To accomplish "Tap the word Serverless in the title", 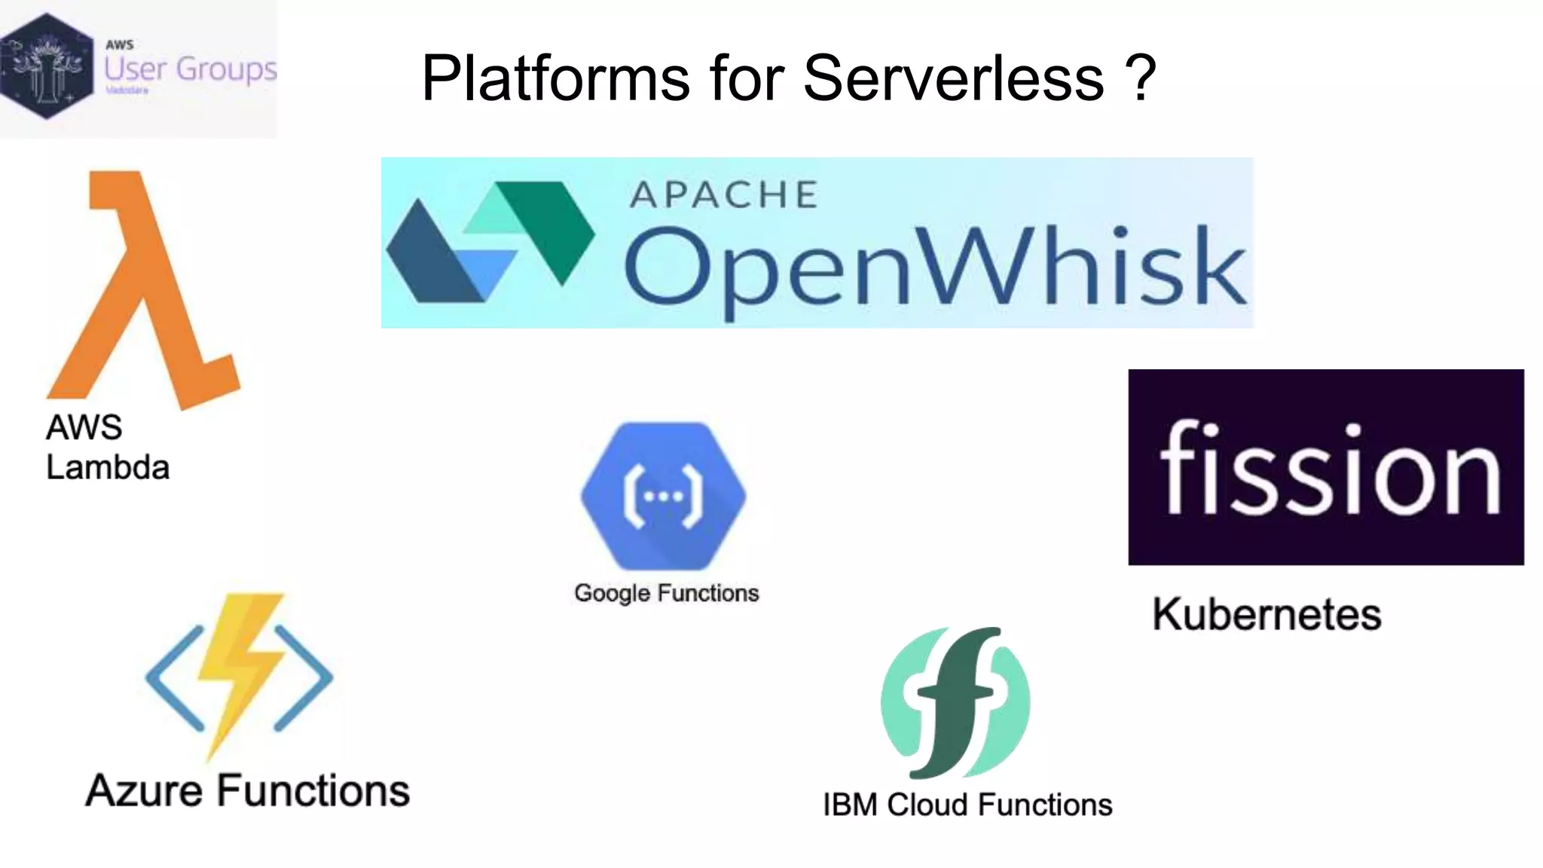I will tap(954, 78).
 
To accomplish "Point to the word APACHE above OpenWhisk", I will tap(723, 195).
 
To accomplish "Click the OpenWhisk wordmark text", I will tap(934, 269).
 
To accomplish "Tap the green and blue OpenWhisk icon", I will tap(490, 241).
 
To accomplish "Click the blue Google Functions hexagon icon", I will tap(663, 496).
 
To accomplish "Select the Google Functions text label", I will tap(666, 594).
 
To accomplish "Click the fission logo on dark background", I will tap(1326, 467).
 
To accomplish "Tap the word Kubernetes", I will tap(1266, 614).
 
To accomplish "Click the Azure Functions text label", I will tap(247, 791).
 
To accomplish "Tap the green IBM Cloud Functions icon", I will tap(955, 702).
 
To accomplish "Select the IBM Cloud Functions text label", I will tap(967, 805).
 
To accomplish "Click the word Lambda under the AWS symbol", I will tap(108, 467).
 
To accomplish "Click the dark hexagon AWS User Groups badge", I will tap(47, 66).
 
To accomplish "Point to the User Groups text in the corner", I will tap(190, 69).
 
